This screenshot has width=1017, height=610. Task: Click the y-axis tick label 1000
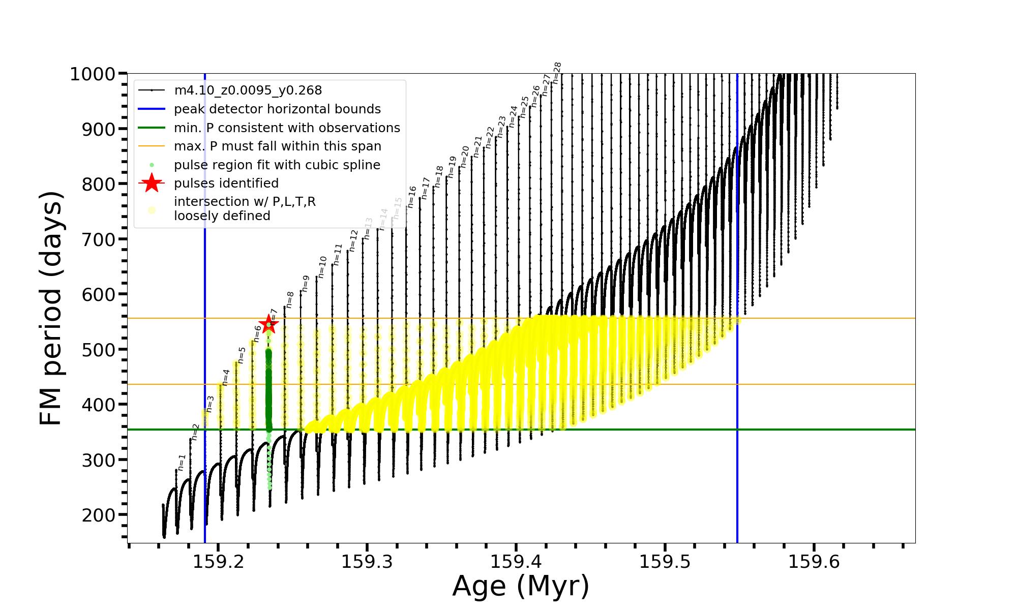[93, 74]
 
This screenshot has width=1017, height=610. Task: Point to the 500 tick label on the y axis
[99, 350]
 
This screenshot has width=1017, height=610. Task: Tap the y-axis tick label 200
[99, 515]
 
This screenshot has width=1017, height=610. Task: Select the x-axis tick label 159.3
[367, 562]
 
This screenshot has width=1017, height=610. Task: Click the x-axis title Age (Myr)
[521, 586]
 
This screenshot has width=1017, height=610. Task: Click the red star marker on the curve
[268, 324]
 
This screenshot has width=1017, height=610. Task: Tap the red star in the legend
[152, 183]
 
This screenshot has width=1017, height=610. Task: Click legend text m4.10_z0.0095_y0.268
[248, 90]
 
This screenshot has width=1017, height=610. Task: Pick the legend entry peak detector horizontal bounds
[277, 109]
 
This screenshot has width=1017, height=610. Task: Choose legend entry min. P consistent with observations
[287, 128]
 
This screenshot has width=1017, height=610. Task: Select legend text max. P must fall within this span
[277, 146]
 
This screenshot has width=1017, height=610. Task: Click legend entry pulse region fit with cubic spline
[277, 165]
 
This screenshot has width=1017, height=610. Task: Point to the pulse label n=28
[557, 73]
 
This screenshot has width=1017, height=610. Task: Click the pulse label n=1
[182, 463]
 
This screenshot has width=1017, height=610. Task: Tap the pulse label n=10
[322, 266]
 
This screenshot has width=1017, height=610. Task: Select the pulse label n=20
[465, 157]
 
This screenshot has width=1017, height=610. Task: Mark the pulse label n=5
[242, 355]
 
